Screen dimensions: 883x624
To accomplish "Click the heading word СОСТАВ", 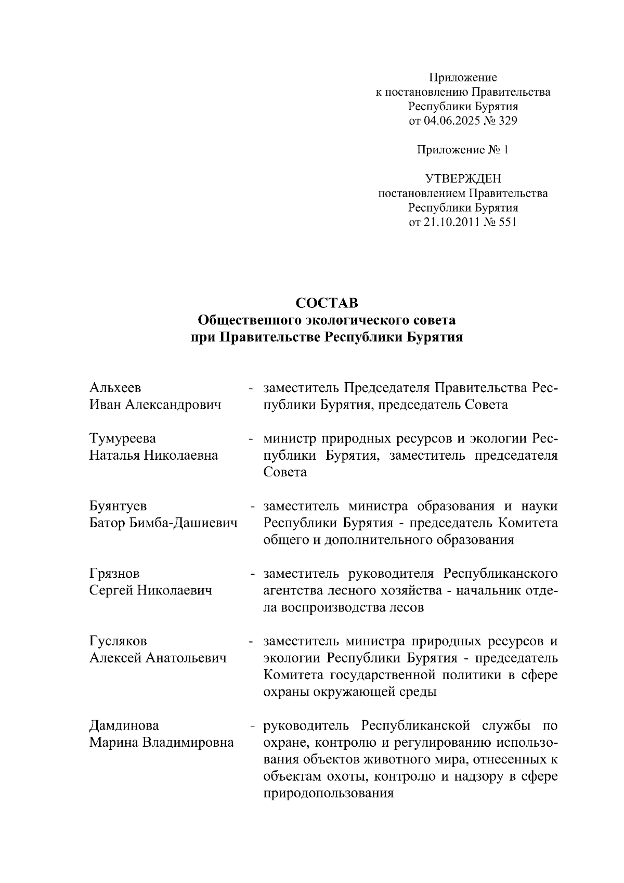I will pyautogui.click(x=327, y=303).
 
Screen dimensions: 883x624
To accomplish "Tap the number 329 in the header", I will pyautogui.click(x=506, y=121).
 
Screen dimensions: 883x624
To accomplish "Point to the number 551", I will pyautogui.click(x=506, y=223).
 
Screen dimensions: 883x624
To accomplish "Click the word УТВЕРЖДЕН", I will pyautogui.click(x=463, y=179).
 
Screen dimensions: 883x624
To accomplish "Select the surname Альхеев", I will pyautogui.click(x=115, y=388).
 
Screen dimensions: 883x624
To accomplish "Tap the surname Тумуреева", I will pyautogui.click(x=122, y=439).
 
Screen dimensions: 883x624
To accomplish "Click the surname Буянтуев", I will pyautogui.click(x=118, y=506).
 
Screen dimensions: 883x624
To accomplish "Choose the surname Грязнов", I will pyautogui.click(x=114, y=574).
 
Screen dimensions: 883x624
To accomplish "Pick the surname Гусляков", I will pyautogui.click(x=118, y=641).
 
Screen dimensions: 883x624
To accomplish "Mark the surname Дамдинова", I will pyautogui.click(x=124, y=725).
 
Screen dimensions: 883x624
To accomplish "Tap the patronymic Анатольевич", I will pyautogui.click(x=186, y=658).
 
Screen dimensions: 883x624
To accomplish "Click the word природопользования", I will pyautogui.click(x=329, y=794).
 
